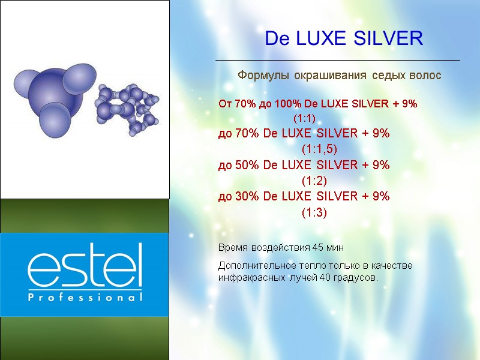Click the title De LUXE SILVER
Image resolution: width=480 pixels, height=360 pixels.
[344, 39]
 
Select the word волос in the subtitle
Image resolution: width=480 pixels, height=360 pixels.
[425, 76]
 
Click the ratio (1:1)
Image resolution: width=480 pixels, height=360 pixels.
[305, 118]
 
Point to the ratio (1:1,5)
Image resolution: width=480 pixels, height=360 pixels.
[316, 148]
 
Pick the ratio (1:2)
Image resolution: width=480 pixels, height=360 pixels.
[314, 180]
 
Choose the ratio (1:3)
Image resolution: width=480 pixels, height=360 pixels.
[314, 212]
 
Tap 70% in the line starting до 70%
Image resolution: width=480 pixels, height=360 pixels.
[245, 133]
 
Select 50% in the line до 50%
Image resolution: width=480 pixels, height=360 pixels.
[245, 165]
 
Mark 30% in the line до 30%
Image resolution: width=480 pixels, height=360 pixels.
[245, 196]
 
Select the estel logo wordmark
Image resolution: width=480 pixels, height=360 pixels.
[85, 266]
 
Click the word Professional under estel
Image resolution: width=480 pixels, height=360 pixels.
[85, 297]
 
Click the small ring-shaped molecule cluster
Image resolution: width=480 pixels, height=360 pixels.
[127, 106]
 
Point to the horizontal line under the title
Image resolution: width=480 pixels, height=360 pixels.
[337, 61]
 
